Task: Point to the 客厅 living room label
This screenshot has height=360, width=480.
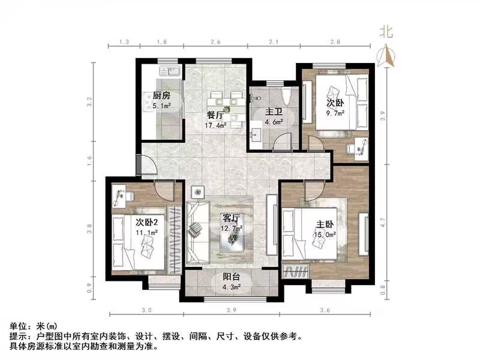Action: point(232,218)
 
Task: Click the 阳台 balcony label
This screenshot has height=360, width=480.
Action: point(232,277)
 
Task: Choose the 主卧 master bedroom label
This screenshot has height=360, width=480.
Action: point(326,224)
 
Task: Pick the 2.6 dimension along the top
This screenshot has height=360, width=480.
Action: point(216,42)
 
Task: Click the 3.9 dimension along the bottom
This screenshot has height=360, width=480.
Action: point(232,310)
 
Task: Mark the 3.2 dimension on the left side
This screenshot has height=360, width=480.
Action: point(89,102)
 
